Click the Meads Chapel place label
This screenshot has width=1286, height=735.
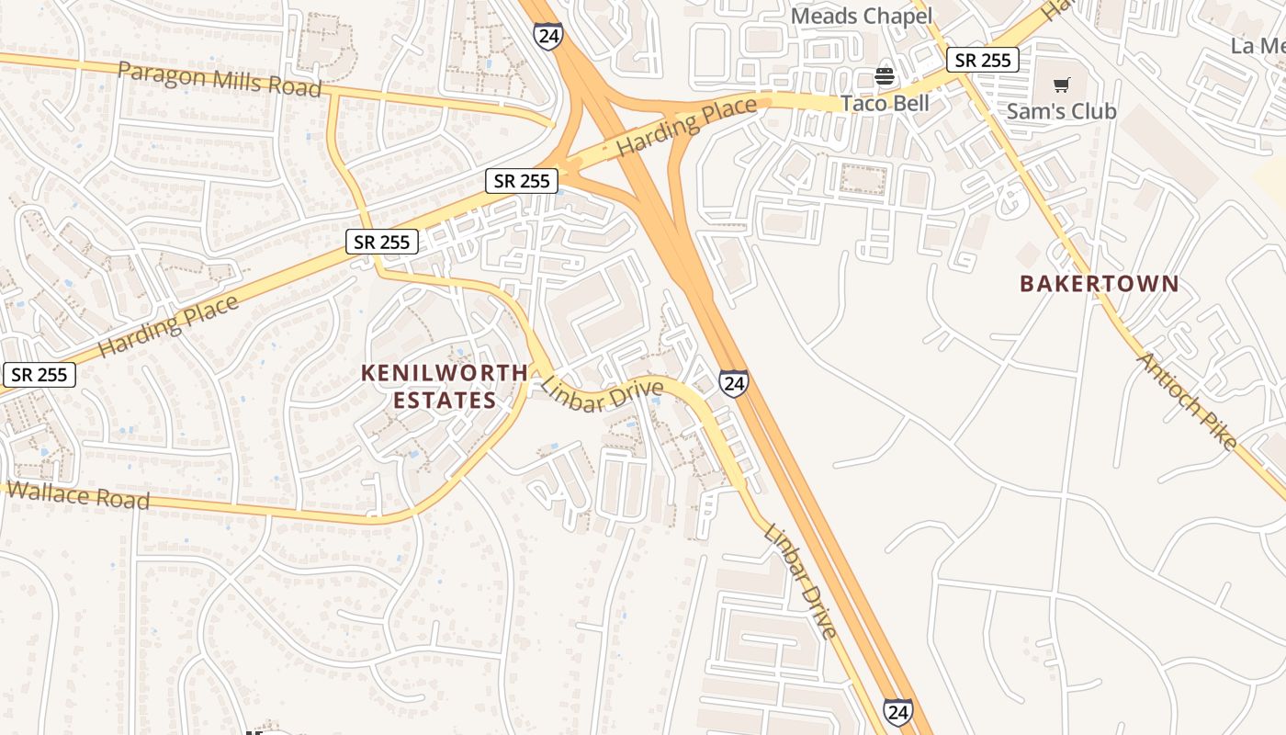pyautogui.click(x=861, y=17)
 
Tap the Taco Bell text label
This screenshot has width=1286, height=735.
pyautogui.click(x=885, y=103)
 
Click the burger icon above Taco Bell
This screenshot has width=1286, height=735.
pyautogui.click(x=885, y=76)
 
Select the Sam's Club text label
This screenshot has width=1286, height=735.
pyautogui.click(x=1061, y=111)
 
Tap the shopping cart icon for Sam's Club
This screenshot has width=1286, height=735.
pyautogui.click(x=1061, y=85)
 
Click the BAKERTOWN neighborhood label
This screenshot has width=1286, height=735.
pyautogui.click(x=1099, y=284)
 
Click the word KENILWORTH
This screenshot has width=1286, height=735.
pyautogui.click(x=445, y=373)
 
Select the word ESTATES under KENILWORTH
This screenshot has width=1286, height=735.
pyautogui.click(x=445, y=401)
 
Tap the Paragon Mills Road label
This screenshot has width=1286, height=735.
pyautogui.click(x=220, y=79)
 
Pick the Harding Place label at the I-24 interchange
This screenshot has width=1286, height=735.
pyautogui.click(x=686, y=126)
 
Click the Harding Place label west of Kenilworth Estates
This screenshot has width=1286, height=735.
pyautogui.click(x=167, y=326)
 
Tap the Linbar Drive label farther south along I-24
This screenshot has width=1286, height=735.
pyautogui.click(x=800, y=581)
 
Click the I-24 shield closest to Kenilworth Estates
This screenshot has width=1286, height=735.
pyautogui.click(x=733, y=383)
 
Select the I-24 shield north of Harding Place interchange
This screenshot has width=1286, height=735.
pyautogui.click(x=547, y=36)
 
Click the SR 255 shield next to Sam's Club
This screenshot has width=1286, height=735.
pyautogui.click(x=982, y=61)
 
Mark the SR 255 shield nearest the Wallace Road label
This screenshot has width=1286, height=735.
pyautogui.click(x=39, y=375)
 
